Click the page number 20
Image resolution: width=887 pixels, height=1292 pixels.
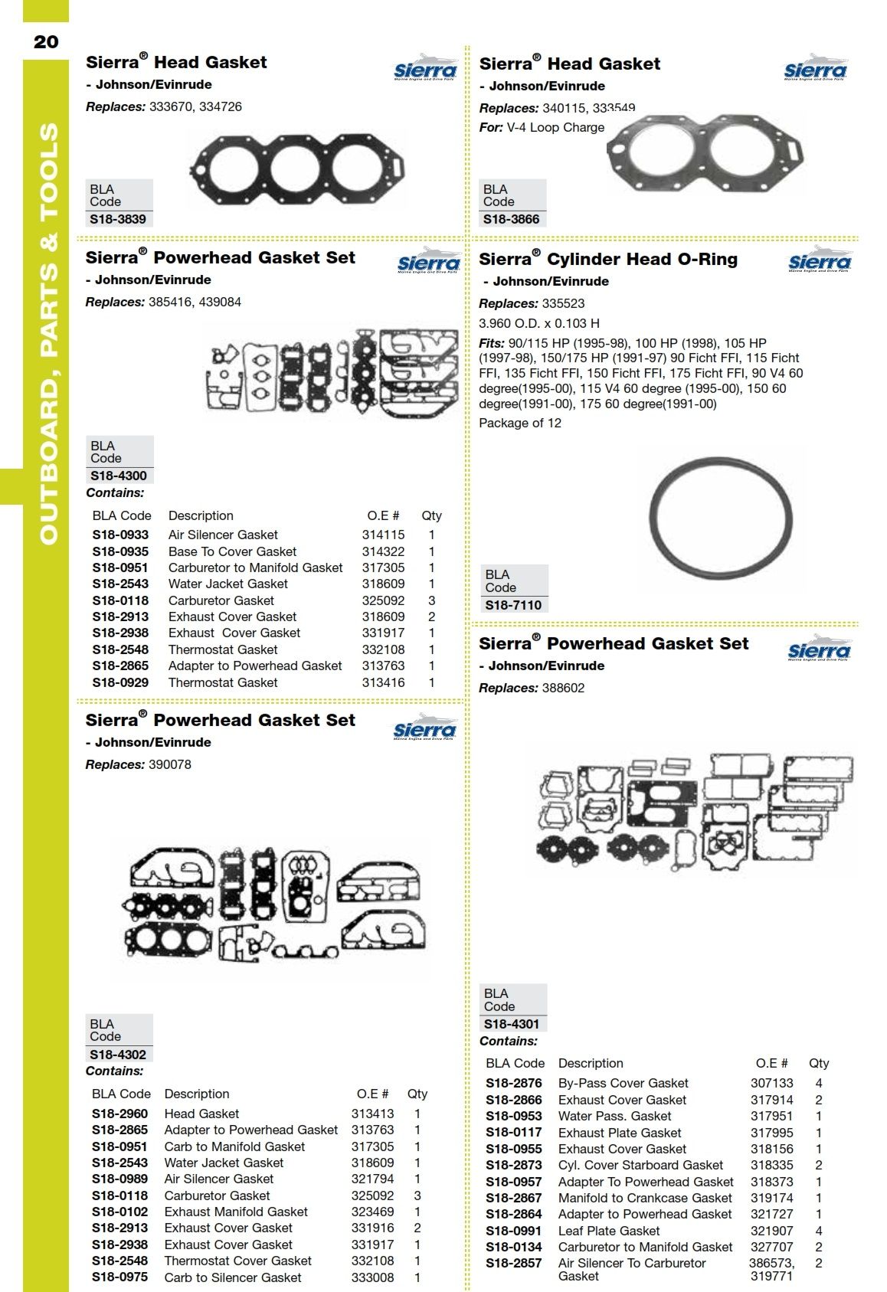[x=46, y=41]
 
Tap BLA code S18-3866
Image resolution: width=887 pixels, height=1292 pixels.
[x=511, y=219]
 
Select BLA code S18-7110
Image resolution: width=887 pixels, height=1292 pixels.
[x=513, y=605]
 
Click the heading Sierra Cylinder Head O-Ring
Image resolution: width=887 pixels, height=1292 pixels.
[x=608, y=260]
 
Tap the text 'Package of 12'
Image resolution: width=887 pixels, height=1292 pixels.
[x=519, y=423]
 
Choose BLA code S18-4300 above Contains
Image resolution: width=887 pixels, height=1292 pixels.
[x=119, y=476]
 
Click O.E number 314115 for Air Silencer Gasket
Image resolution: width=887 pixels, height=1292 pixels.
[x=383, y=535]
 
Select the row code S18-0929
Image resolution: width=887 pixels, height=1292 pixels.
[x=120, y=682]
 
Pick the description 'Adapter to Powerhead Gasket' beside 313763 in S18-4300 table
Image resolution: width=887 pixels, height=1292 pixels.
[x=255, y=666]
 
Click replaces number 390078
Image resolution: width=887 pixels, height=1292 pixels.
[x=169, y=764]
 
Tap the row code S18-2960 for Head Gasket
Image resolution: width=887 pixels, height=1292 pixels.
[x=119, y=1114]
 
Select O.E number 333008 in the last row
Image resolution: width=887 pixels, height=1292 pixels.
[x=372, y=1277]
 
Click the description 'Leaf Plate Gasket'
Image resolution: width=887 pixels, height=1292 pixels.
[x=608, y=1231]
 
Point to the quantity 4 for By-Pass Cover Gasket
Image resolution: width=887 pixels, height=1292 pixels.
[x=819, y=1083]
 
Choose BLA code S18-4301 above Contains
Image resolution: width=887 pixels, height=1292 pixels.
[x=512, y=1024]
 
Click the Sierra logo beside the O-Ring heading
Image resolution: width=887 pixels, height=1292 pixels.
[x=820, y=260]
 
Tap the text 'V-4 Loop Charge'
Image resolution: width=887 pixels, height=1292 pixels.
[x=555, y=128]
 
